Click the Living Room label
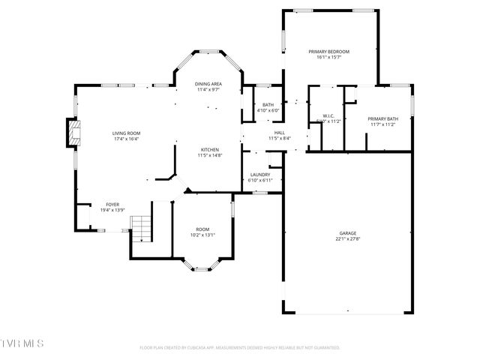[127, 133]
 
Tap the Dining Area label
[208, 84]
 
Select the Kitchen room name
[208, 150]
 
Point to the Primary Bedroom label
[328, 52]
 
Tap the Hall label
[279, 133]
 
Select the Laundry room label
[259, 175]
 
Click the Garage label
[346, 233]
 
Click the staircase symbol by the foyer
[141, 226]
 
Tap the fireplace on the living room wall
[72, 133]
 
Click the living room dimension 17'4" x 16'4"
[127, 139]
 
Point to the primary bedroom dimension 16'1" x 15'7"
[328, 58]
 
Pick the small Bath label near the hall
[268, 105]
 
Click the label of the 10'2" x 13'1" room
[202, 229]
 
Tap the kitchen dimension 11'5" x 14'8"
[208, 155]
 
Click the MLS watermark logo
[22, 343]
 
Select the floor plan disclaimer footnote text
[240, 348]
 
